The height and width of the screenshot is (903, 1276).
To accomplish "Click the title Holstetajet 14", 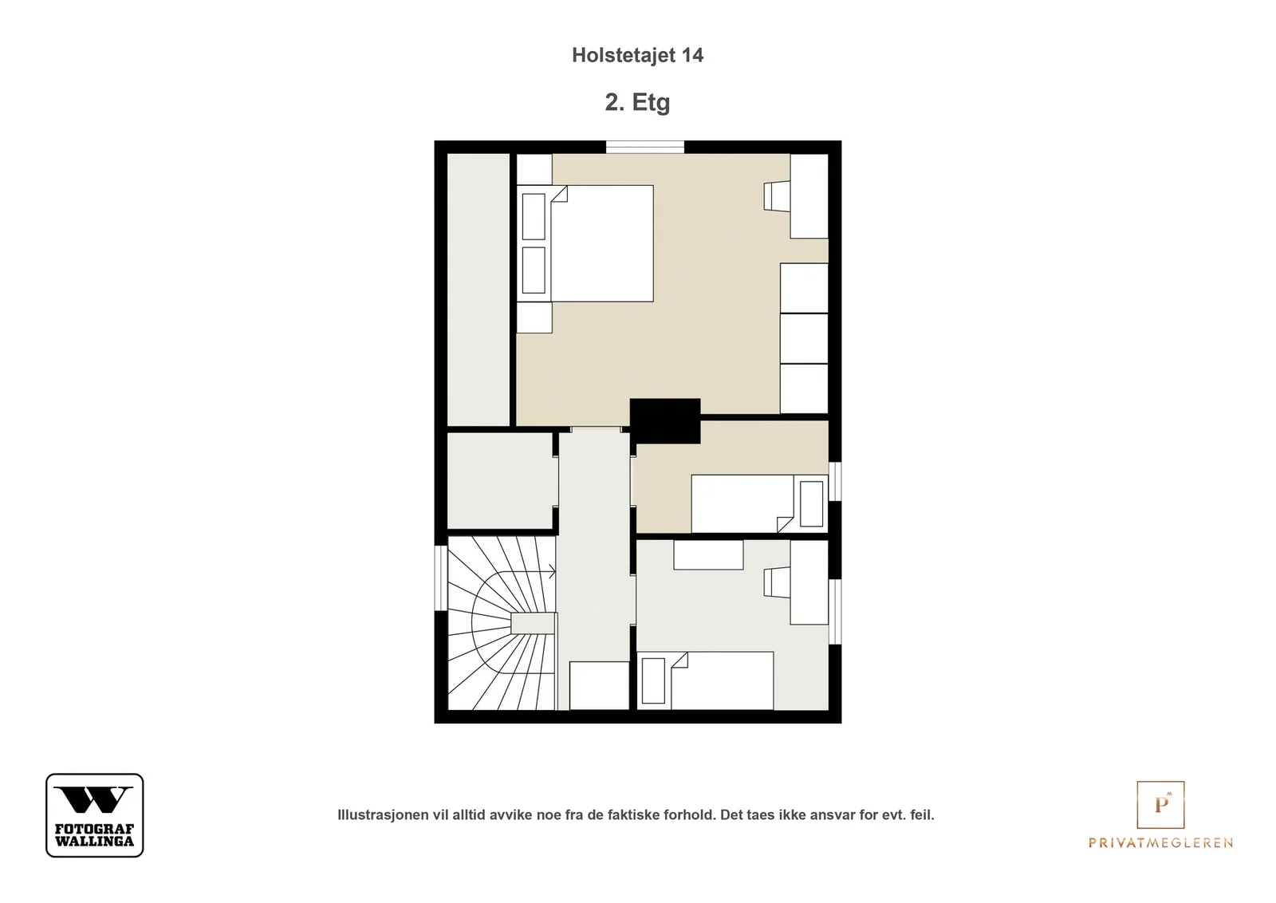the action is click(x=637, y=55).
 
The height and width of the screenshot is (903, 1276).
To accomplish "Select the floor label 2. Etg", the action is click(x=637, y=103).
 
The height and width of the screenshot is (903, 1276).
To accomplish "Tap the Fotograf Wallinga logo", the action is click(x=95, y=814).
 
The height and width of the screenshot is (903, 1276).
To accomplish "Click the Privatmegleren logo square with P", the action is click(x=1160, y=804).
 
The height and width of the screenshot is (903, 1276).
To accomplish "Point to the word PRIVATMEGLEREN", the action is click(x=1160, y=842).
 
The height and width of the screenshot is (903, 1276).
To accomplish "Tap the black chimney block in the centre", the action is click(x=665, y=421).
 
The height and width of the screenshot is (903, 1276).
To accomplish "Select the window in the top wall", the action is click(x=645, y=147).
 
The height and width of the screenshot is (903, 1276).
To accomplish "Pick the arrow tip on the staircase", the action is click(x=555, y=571).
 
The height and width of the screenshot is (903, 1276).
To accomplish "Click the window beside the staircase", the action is click(x=441, y=578).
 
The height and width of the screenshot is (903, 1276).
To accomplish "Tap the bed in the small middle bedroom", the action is click(x=759, y=503).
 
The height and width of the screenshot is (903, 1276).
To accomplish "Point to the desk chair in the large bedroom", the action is click(x=777, y=196).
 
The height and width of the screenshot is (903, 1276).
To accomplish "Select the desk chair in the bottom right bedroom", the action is click(x=777, y=582).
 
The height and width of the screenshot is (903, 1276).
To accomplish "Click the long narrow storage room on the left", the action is click(x=478, y=290).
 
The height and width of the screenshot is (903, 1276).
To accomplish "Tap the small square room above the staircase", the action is click(x=499, y=481).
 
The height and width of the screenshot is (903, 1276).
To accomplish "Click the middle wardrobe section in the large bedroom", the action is click(x=804, y=338).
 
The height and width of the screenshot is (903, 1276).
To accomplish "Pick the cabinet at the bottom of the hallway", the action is click(x=599, y=685).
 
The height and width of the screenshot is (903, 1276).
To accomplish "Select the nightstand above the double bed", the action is click(x=534, y=169).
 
